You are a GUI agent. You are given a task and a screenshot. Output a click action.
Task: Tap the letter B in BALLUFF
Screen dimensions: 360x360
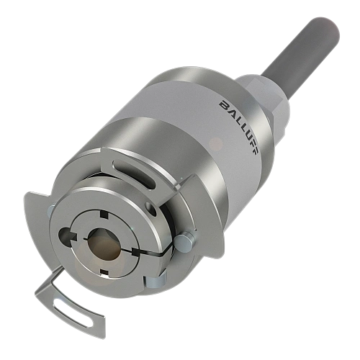(224, 106)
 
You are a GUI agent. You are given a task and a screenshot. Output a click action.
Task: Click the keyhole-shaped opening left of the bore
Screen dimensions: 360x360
(67, 236)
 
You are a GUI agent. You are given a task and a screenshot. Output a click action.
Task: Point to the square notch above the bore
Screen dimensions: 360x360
(104, 213)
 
